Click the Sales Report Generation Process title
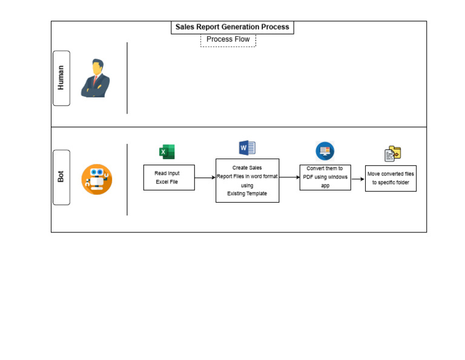click(x=232, y=27)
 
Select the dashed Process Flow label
click(x=228, y=39)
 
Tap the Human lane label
click(x=61, y=78)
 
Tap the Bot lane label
click(x=61, y=177)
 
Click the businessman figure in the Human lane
click(x=96, y=79)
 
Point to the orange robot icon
click(x=97, y=179)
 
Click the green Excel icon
click(x=167, y=152)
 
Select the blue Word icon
click(x=247, y=148)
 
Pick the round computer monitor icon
click(x=325, y=151)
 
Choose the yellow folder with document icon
click(x=393, y=154)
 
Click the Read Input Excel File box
click(x=169, y=177)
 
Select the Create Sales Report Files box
click(x=247, y=180)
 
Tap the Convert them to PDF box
click(x=325, y=177)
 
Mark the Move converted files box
click(x=391, y=178)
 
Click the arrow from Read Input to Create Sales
click(x=205, y=177)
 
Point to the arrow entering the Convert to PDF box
click(x=289, y=177)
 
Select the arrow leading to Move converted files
click(x=358, y=179)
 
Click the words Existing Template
click(x=247, y=194)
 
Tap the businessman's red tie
click(x=95, y=79)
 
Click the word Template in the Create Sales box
click(x=256, y=194)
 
